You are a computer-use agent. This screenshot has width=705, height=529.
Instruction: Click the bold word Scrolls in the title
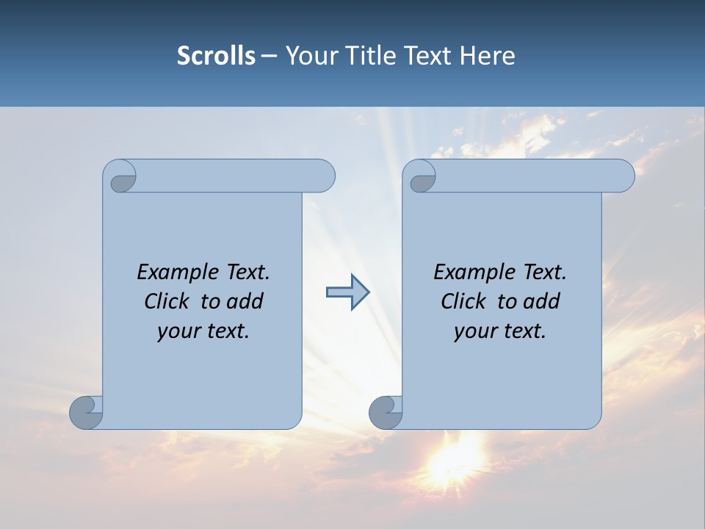tap(216, 55)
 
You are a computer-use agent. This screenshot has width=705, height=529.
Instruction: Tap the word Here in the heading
tap(488, 55)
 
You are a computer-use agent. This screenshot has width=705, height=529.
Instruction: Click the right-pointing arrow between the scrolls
tap(347, 292)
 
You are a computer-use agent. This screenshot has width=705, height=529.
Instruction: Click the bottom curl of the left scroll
tap(86, 411)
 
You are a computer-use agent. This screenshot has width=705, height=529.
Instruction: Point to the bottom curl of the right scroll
tap(385, 411)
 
